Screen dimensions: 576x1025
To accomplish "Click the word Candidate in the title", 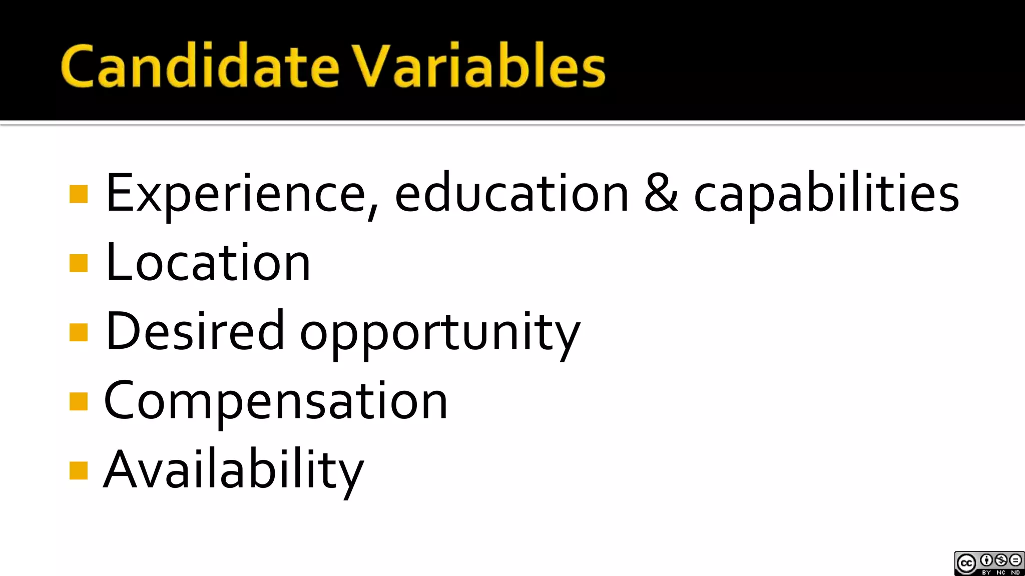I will coord(200,66).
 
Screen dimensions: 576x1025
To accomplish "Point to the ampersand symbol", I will coord(661,193).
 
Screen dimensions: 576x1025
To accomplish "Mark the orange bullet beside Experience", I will coord(79,194).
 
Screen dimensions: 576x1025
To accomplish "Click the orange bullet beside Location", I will coord(79,263).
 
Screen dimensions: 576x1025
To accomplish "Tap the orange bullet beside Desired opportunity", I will coord(79,332).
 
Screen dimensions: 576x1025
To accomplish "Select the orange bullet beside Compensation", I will coord(79,401).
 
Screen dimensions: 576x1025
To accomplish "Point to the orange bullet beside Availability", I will coord(79,470).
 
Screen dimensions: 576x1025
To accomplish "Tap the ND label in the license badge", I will coord(1015,572).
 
